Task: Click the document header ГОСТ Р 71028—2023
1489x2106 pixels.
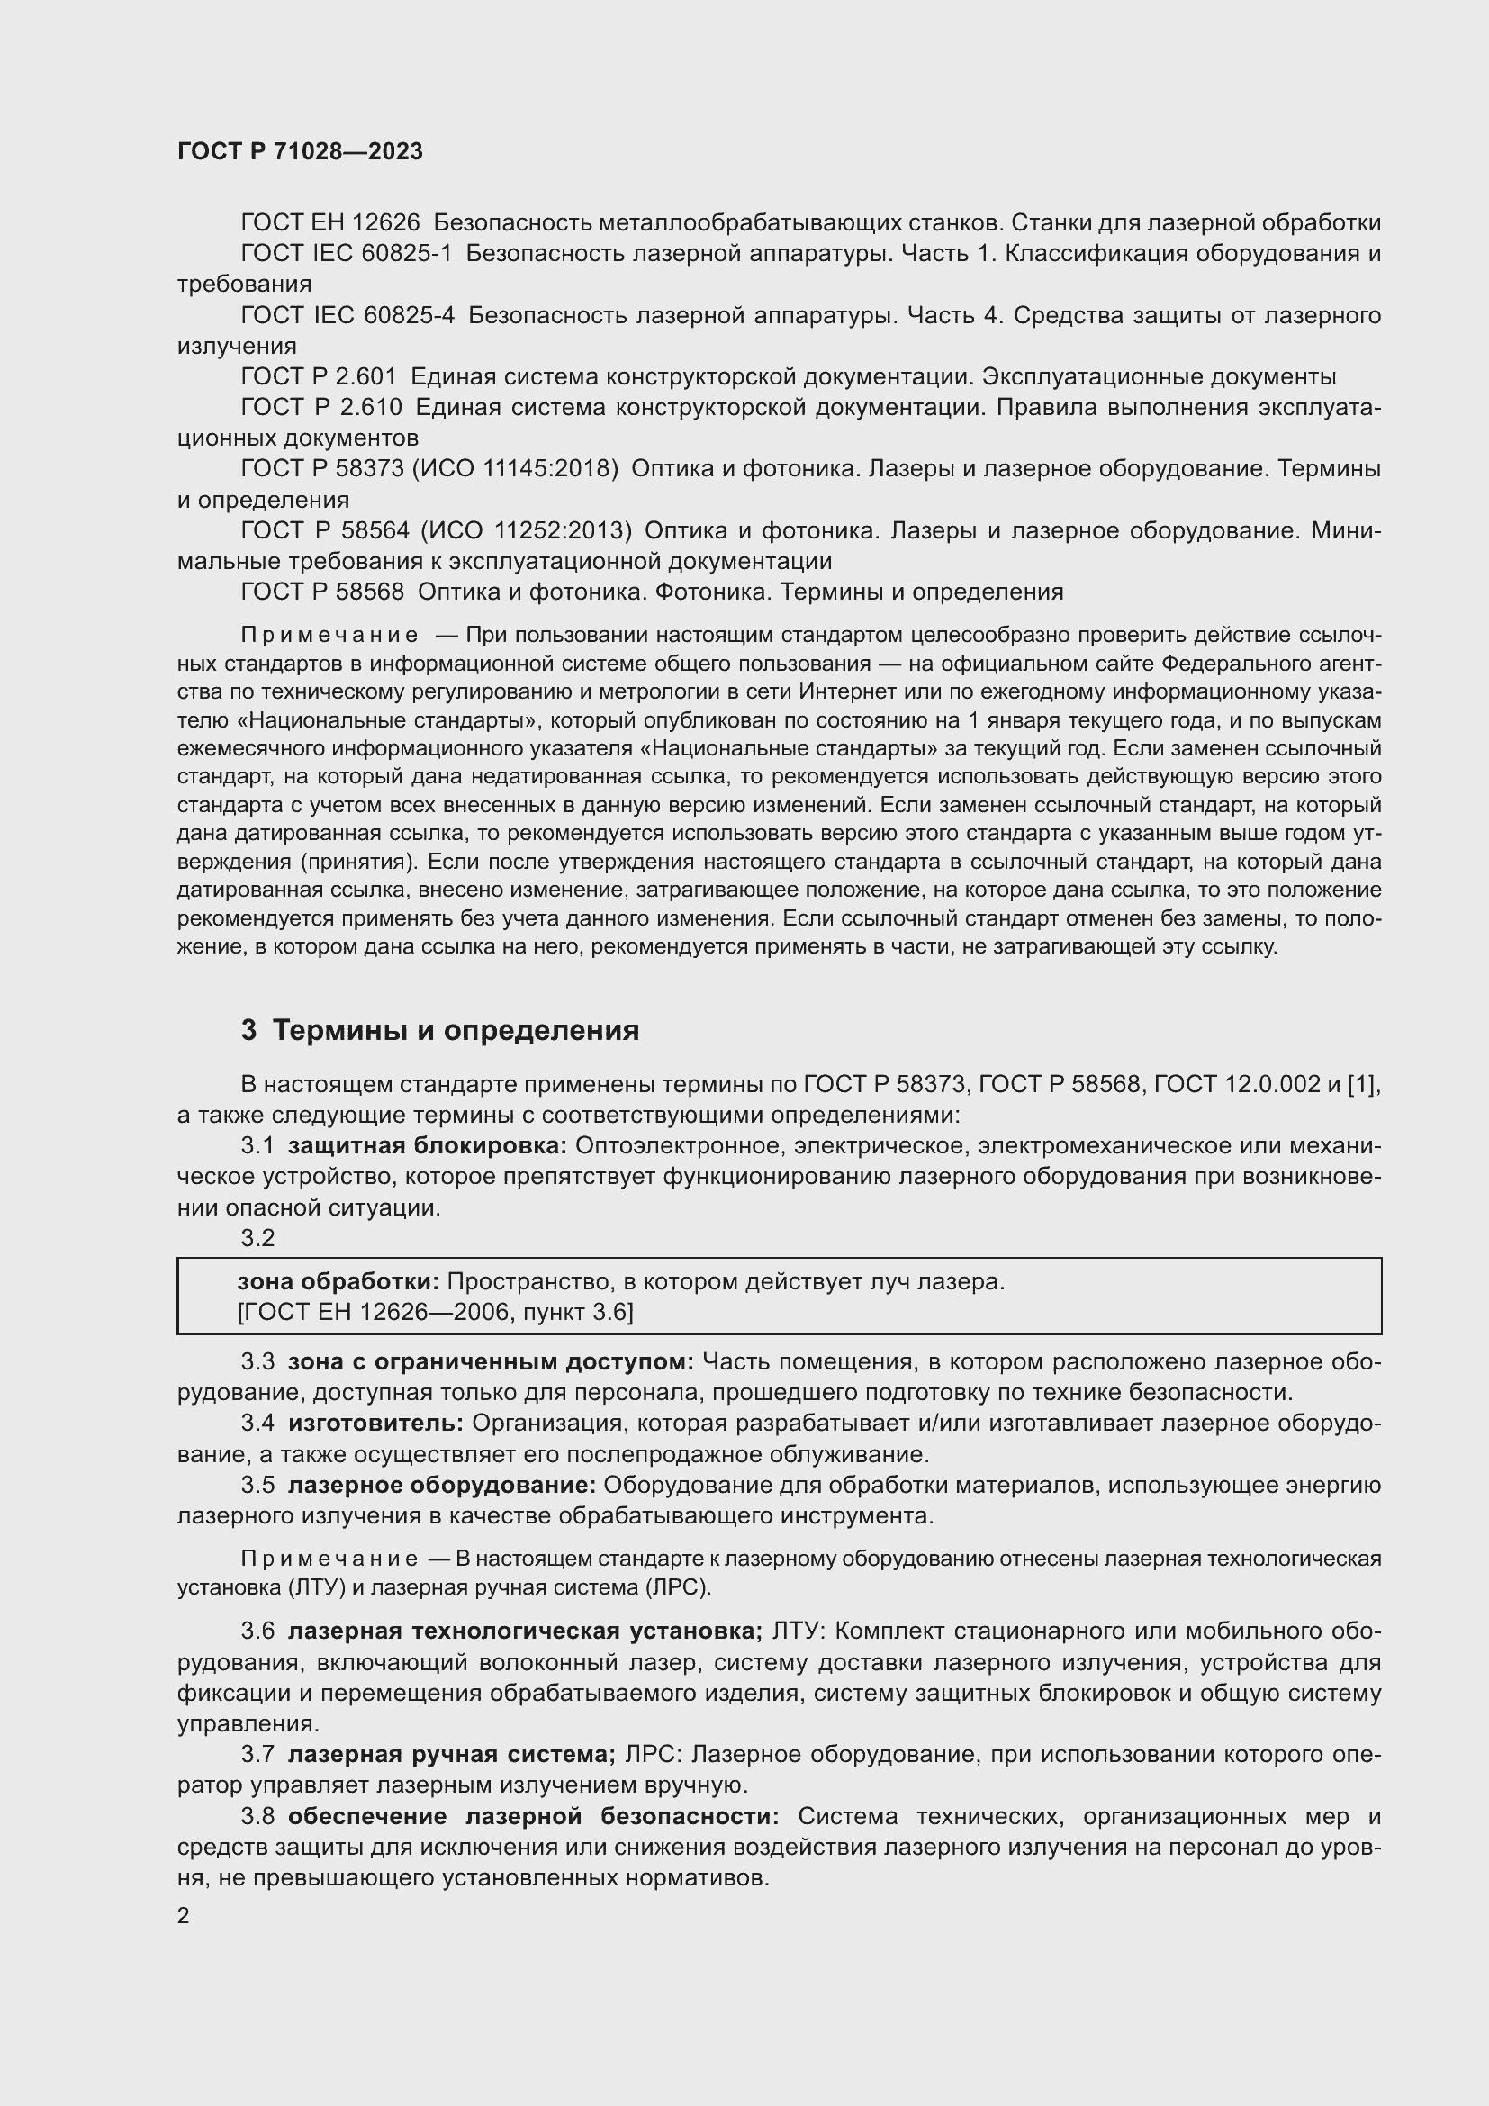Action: coord(300,152)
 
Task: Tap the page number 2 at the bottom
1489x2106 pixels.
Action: coord(184,1916)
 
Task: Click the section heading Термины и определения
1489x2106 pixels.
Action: coord(456,1030)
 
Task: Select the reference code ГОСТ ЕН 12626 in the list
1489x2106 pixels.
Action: coord(330,223)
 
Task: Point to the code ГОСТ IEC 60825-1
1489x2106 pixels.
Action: coord(347,253)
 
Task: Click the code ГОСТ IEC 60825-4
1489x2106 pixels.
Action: coord(347,315)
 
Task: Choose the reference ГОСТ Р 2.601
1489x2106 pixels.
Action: coord(319,377)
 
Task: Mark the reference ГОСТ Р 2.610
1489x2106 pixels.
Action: coord(320,407)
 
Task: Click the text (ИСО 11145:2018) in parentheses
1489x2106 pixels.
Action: coord(514,469)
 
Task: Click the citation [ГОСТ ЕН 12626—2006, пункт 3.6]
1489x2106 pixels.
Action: coord(436,1312)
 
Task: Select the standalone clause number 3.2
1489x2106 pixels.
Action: coord(257,1237)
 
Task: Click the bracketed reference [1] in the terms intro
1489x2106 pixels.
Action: coord(1363,1084)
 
